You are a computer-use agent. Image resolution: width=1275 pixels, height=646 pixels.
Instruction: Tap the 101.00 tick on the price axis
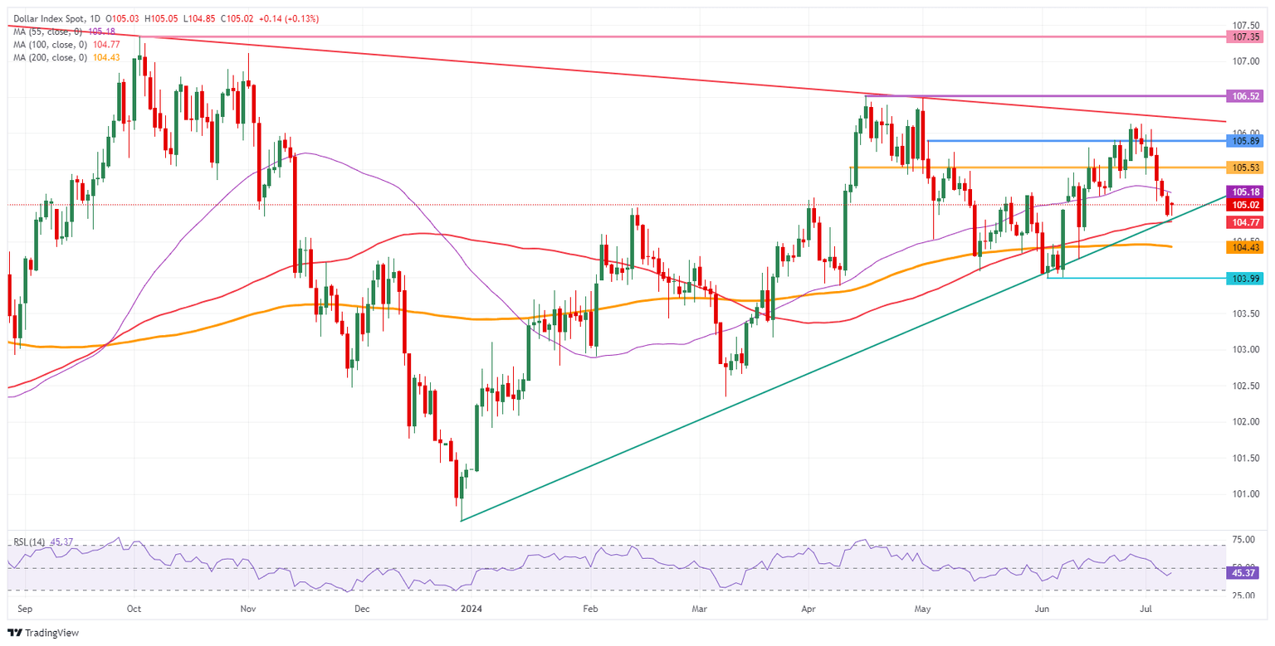[x=1243, y=494]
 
